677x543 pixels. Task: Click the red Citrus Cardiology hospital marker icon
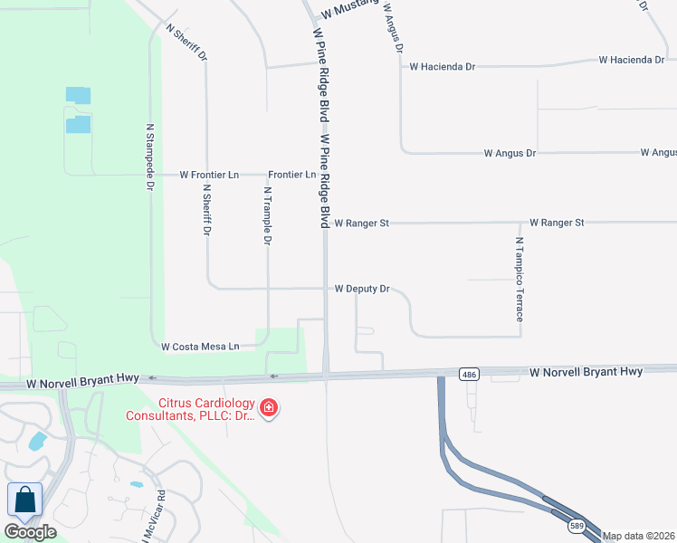[x=268, y=409]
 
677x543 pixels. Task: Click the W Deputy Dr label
[x=362, y=289]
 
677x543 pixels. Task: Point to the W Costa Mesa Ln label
[x=200, y=347]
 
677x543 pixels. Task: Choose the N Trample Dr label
[x=268, y=216]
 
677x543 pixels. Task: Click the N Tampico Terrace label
[x=520, y=280]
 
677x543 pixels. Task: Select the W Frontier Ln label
[x=209, y=174]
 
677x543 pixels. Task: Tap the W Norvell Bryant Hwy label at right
[x=586, y=371]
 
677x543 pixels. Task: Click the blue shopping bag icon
[x=24, y=500]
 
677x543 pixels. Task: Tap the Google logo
[x=30, y=531]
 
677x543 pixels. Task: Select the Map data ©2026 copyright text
[x=639, y=536]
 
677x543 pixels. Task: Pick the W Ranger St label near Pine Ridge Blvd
[x=361, y=222]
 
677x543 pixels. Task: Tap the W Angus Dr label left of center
[x=510, y=153]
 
